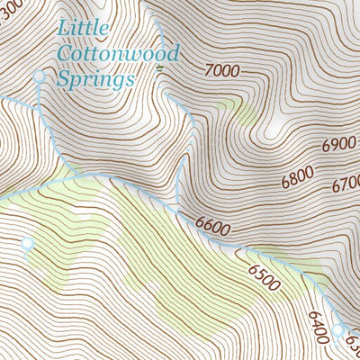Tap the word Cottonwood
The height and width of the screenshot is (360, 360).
pyautogui.click(x=118, y=53)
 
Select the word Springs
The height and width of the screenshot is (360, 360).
pyautogui.click(x=94, y=79)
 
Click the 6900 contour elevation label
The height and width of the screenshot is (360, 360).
pyautogui.click(x=339, y=144)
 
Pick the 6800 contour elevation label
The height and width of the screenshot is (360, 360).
pyautogui.click(x=298, y=177)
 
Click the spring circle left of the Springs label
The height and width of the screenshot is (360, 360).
pyautogui.click(x=39, y=77)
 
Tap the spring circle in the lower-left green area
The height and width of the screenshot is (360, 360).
pyautogui.click(x=27, y=243)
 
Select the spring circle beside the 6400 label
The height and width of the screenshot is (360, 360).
pyautogui.click(x=337, y=329)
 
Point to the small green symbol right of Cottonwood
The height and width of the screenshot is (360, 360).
pyautogui.click(x=160, y=67)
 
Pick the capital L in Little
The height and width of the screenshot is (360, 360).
pyautogui.click(x=64, y=29)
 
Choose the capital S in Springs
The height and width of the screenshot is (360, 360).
pyautogui.click(x=63, y=78)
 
